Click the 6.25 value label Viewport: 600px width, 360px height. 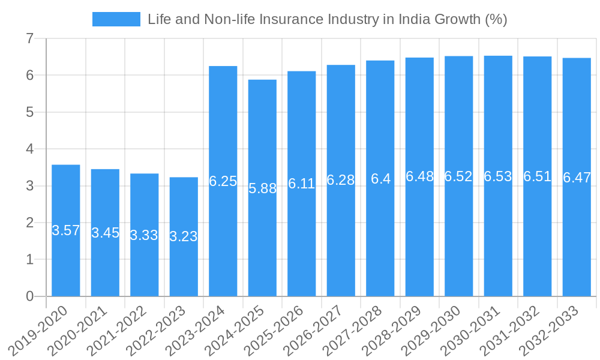223,181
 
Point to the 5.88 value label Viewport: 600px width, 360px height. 262,188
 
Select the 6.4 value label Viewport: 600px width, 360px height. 380,179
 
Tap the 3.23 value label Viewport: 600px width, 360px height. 184,236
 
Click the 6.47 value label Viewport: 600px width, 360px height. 577,178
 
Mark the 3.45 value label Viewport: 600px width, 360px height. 105,233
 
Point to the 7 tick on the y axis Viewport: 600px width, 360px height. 29,38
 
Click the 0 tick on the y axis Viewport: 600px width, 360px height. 29,296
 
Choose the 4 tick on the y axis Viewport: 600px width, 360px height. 29,149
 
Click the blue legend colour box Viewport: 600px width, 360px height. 116,19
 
